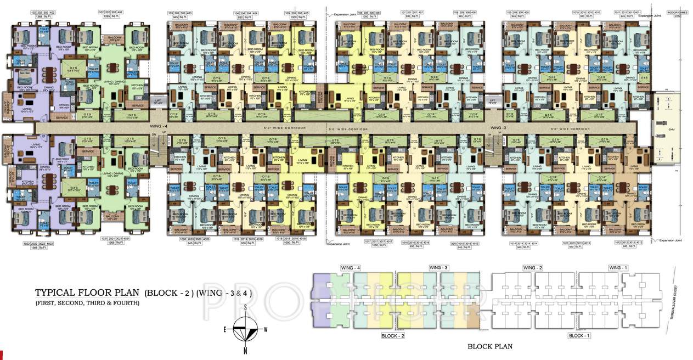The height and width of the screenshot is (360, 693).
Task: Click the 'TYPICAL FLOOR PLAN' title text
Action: point(88,292)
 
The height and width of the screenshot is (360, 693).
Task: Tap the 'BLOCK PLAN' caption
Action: point(489,346)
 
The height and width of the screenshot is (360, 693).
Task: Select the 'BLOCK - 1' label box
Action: point(579,335)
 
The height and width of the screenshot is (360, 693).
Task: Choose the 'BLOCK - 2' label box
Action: point(392,335)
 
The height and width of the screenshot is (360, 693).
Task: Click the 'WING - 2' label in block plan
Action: point(532,267)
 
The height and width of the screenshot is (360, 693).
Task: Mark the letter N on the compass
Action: point(245,350)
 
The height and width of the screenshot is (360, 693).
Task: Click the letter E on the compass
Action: point(226,329)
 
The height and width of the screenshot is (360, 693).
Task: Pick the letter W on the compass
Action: point(266,329)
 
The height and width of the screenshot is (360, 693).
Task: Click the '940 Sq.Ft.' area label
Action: point(628,246)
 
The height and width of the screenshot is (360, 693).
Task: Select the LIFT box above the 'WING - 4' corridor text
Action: point(158,102)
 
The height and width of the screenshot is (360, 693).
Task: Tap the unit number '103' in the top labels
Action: point(171,12)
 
